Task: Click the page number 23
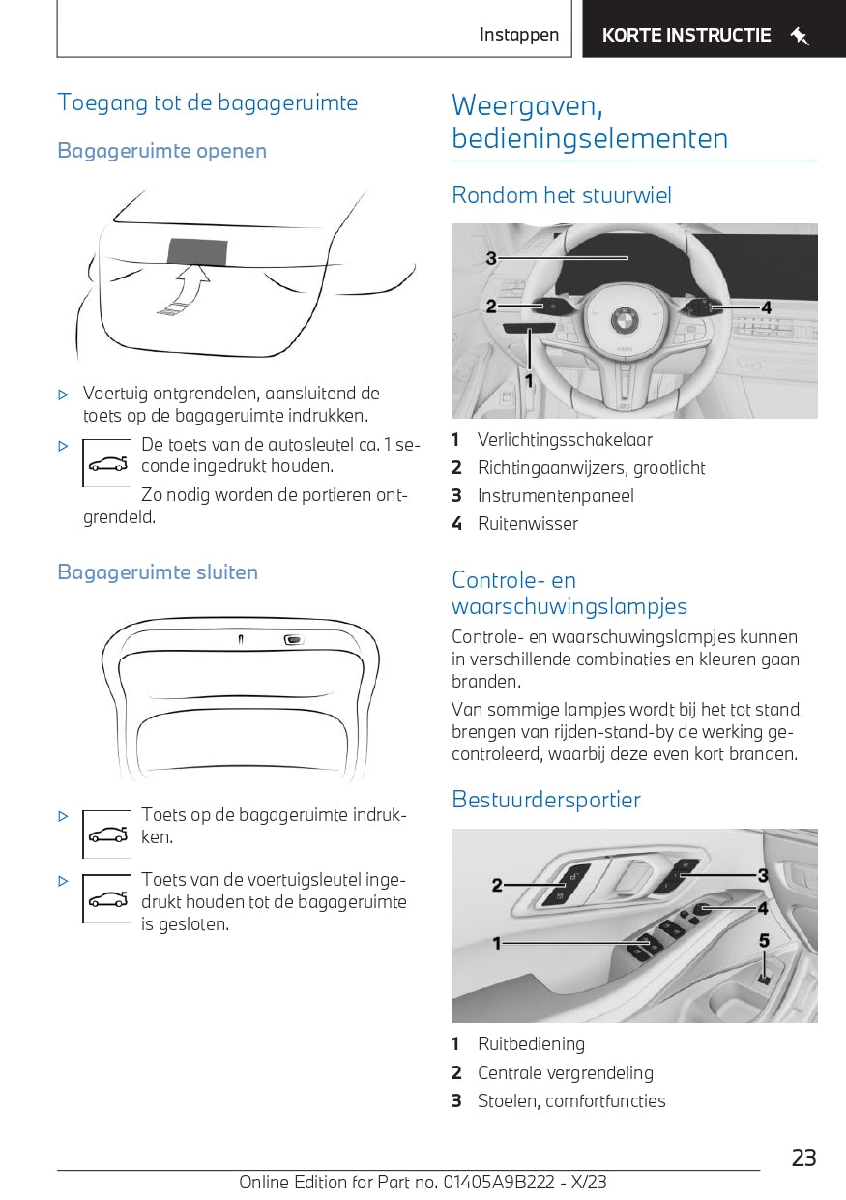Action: click(803, 1157)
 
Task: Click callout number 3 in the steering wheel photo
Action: click(491, 258)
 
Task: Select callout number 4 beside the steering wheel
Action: click(766, 307)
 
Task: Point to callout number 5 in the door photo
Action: click(764, 940)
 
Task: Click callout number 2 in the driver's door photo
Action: click(497, 885)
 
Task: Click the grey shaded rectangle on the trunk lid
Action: click(198, 249)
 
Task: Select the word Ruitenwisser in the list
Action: click(528, 524)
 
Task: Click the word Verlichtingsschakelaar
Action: click(565, 440)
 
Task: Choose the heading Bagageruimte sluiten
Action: click(158, 572)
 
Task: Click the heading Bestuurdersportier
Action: click(546, 800)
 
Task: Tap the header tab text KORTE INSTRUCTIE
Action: click(686, 36)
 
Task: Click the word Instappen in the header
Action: click(519, 36)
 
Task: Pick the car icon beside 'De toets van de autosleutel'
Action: click(107, 463)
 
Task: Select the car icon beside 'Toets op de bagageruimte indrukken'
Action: click(107, 834)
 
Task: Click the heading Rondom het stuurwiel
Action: click(562, 195)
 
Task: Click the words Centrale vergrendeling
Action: click(566, 1073)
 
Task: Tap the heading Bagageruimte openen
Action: click(161, 151)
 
